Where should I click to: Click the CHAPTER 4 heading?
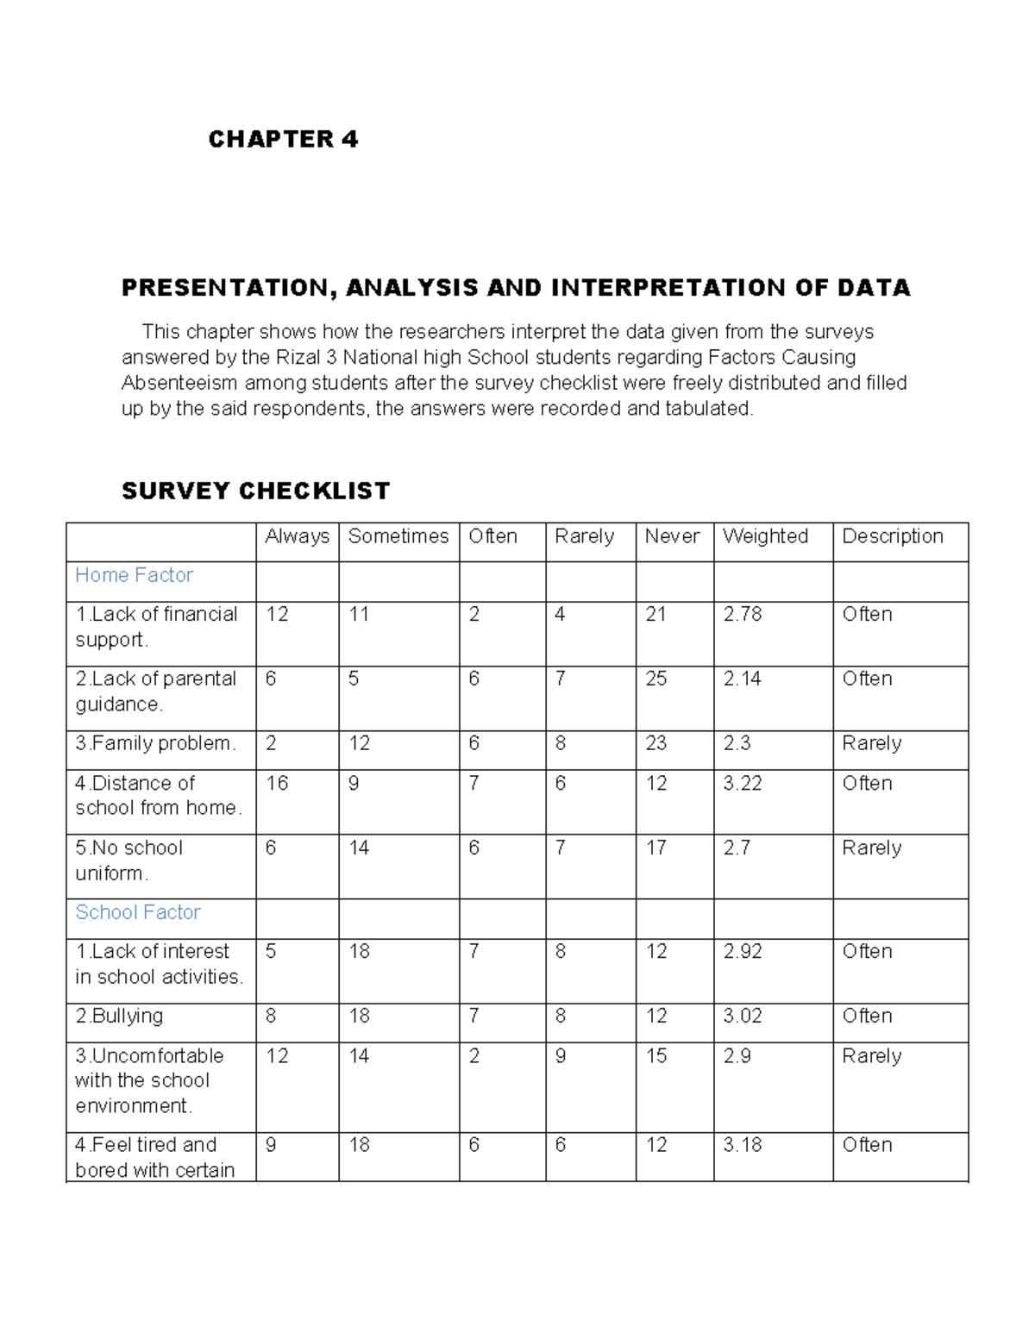coord(283,139)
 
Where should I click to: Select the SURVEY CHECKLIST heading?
coord(255,491)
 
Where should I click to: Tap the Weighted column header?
coord(765,536)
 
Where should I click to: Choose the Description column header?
coord(892,536)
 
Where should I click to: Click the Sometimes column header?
coord(398,536)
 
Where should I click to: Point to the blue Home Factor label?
coord(134,575)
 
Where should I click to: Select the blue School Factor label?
coord(138,912)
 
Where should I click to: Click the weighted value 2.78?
coord(742,614)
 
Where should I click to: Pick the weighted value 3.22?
coord(742,783)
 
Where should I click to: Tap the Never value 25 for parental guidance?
coord(655,679)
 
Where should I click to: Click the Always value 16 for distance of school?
coord(277,783)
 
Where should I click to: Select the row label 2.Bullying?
coord(119,1016)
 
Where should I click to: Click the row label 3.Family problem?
coord(155,743)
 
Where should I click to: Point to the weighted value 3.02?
coord(742,1016)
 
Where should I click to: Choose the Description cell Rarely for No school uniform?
coord(871,848)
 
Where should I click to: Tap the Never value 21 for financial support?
coord(655,614)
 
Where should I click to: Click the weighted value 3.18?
coord(742,1145)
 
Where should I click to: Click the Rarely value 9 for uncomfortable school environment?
coord(561,1055)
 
